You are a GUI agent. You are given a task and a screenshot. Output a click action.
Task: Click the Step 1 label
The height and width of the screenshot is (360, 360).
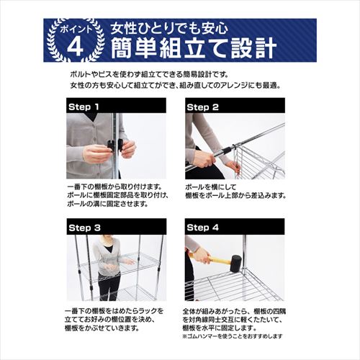click(x=84, y=106)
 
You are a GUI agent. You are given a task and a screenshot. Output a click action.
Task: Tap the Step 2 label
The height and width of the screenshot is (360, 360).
click(x=203, y=106)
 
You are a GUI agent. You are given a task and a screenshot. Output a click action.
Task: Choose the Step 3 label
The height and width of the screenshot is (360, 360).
click(x=84, y=228)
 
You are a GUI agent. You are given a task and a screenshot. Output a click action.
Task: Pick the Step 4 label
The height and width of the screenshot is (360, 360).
click(x=203, y=228)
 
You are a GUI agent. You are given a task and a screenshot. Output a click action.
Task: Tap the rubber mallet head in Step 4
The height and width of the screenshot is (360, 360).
click(x=235, y=261)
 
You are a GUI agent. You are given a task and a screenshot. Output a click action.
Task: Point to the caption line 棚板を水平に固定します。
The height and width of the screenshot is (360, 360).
click(x=222, y=327)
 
